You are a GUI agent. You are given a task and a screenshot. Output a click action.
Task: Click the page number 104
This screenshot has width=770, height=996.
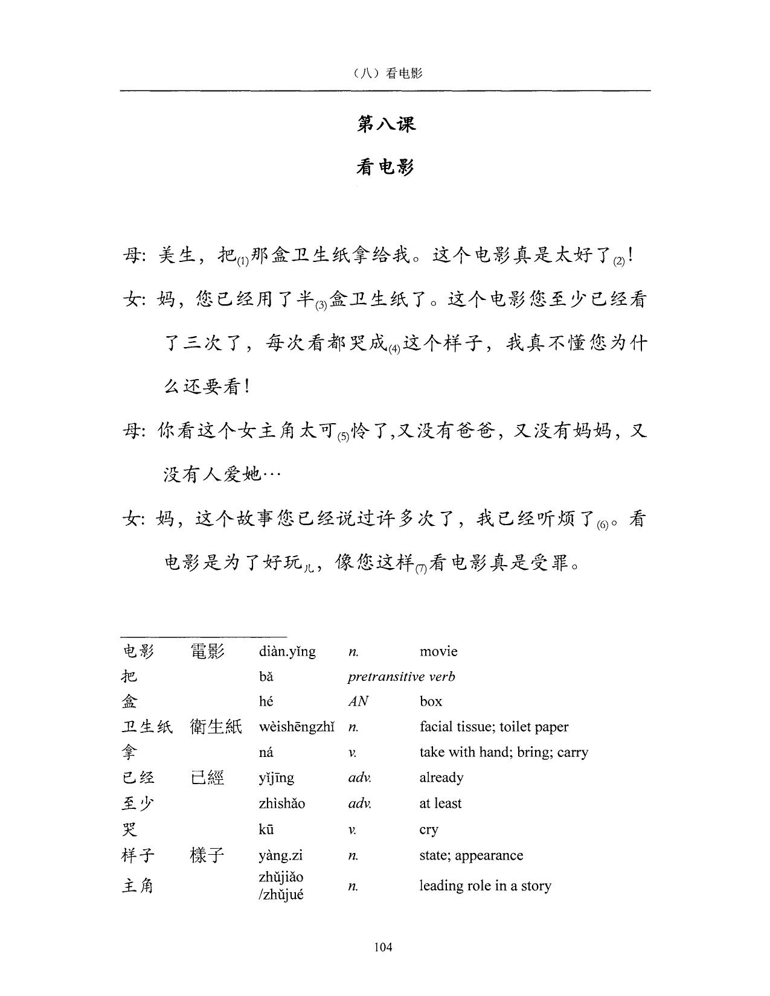click(383, 947)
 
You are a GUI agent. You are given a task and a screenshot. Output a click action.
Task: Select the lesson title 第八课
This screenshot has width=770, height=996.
click(386, 124)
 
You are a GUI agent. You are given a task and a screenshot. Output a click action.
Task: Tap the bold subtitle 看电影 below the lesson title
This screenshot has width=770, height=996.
click(385, 167)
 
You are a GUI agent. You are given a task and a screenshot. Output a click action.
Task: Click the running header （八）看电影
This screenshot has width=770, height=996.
click(385, 73)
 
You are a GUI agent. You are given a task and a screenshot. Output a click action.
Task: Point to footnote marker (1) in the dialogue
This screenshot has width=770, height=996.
click(242, 261)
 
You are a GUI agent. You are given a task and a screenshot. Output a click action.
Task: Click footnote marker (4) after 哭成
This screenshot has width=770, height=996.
click(394, 349)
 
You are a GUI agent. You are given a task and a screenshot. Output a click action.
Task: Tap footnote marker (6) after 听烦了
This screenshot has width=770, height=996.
click(602, 525)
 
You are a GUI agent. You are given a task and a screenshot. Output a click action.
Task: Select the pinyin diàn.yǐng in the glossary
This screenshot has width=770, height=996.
click(287, 651)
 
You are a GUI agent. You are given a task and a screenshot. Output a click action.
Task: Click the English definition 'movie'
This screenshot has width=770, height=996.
click(438, 651)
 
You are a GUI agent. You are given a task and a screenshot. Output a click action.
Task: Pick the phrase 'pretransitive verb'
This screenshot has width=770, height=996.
click(401, 677)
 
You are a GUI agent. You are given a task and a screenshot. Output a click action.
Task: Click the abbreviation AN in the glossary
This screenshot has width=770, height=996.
click(358, 701)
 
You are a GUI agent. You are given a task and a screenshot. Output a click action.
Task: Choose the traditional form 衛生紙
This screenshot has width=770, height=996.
click(216, 727)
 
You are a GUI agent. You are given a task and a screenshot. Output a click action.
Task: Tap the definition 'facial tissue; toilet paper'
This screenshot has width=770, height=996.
click(494, 727)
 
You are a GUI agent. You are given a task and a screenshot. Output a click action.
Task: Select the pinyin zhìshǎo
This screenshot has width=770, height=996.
click(282, 803)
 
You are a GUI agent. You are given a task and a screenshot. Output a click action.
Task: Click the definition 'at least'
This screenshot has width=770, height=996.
click(440, 803)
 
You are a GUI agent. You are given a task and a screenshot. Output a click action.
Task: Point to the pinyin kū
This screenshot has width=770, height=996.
click(266, 829)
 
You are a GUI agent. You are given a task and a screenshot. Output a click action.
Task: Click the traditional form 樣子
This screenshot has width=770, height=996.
click(207, 855)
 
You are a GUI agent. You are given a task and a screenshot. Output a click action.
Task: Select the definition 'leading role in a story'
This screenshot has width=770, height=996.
click(485, 886)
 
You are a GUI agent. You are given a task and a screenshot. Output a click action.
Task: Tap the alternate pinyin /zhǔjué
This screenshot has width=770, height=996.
click(281, 895)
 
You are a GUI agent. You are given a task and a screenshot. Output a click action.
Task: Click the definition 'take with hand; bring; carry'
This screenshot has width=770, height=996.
click(504, 752)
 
